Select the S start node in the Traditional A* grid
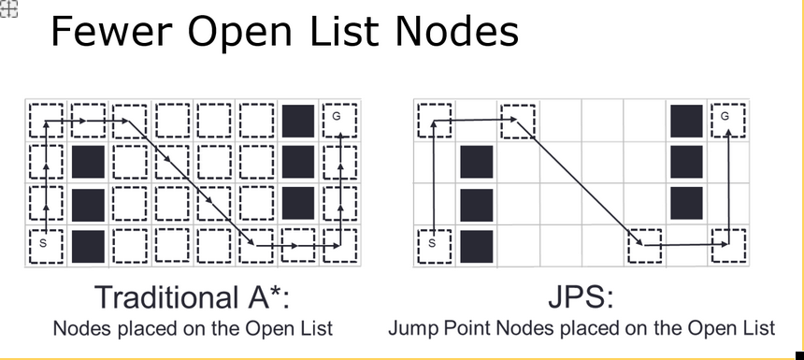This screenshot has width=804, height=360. pyautogui.click(x=44, y=245)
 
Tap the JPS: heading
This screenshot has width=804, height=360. pyautogui.click(x=581, y=297)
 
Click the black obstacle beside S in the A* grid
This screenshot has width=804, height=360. pyautogui.click(x=87, y=245)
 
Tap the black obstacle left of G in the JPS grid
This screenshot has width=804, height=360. pyautogui.click(x=685, y=120)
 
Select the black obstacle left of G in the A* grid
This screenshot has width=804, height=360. pyautogui.click(x=298, y=120)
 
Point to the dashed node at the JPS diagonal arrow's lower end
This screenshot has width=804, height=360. pyautogui.click(x=644, y=246)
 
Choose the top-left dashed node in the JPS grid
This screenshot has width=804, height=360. pyautogui.click(x=433, y=120)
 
